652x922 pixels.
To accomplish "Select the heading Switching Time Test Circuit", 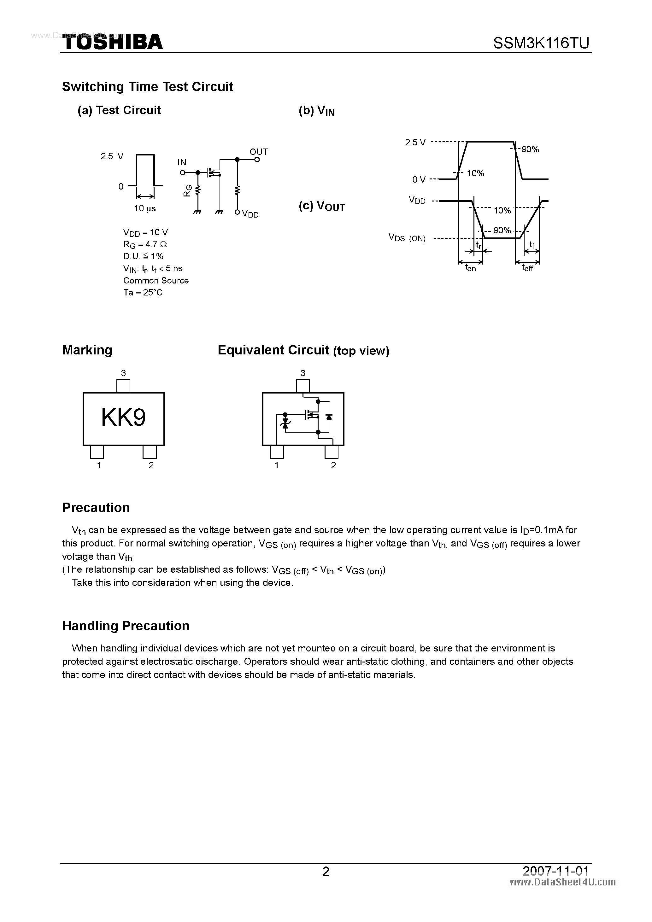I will coord(147,87).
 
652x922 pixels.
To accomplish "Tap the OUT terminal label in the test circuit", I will coord(258,152).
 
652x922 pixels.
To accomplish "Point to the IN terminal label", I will coord(182,162).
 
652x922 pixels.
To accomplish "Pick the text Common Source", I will coord(156,280).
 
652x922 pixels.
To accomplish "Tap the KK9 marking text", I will coord(123,417).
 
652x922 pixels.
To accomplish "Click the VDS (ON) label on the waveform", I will coord(407,238).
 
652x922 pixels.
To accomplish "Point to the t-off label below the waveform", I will coord(527,267).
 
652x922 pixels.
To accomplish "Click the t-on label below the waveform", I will coord(470,267).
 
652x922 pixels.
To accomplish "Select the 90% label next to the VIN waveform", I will coord(530,149).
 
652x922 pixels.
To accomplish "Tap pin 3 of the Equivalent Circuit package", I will coord(303,386).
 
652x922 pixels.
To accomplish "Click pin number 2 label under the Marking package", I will coord(151,465).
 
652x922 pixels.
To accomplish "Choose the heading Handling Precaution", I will coord(126,626).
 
